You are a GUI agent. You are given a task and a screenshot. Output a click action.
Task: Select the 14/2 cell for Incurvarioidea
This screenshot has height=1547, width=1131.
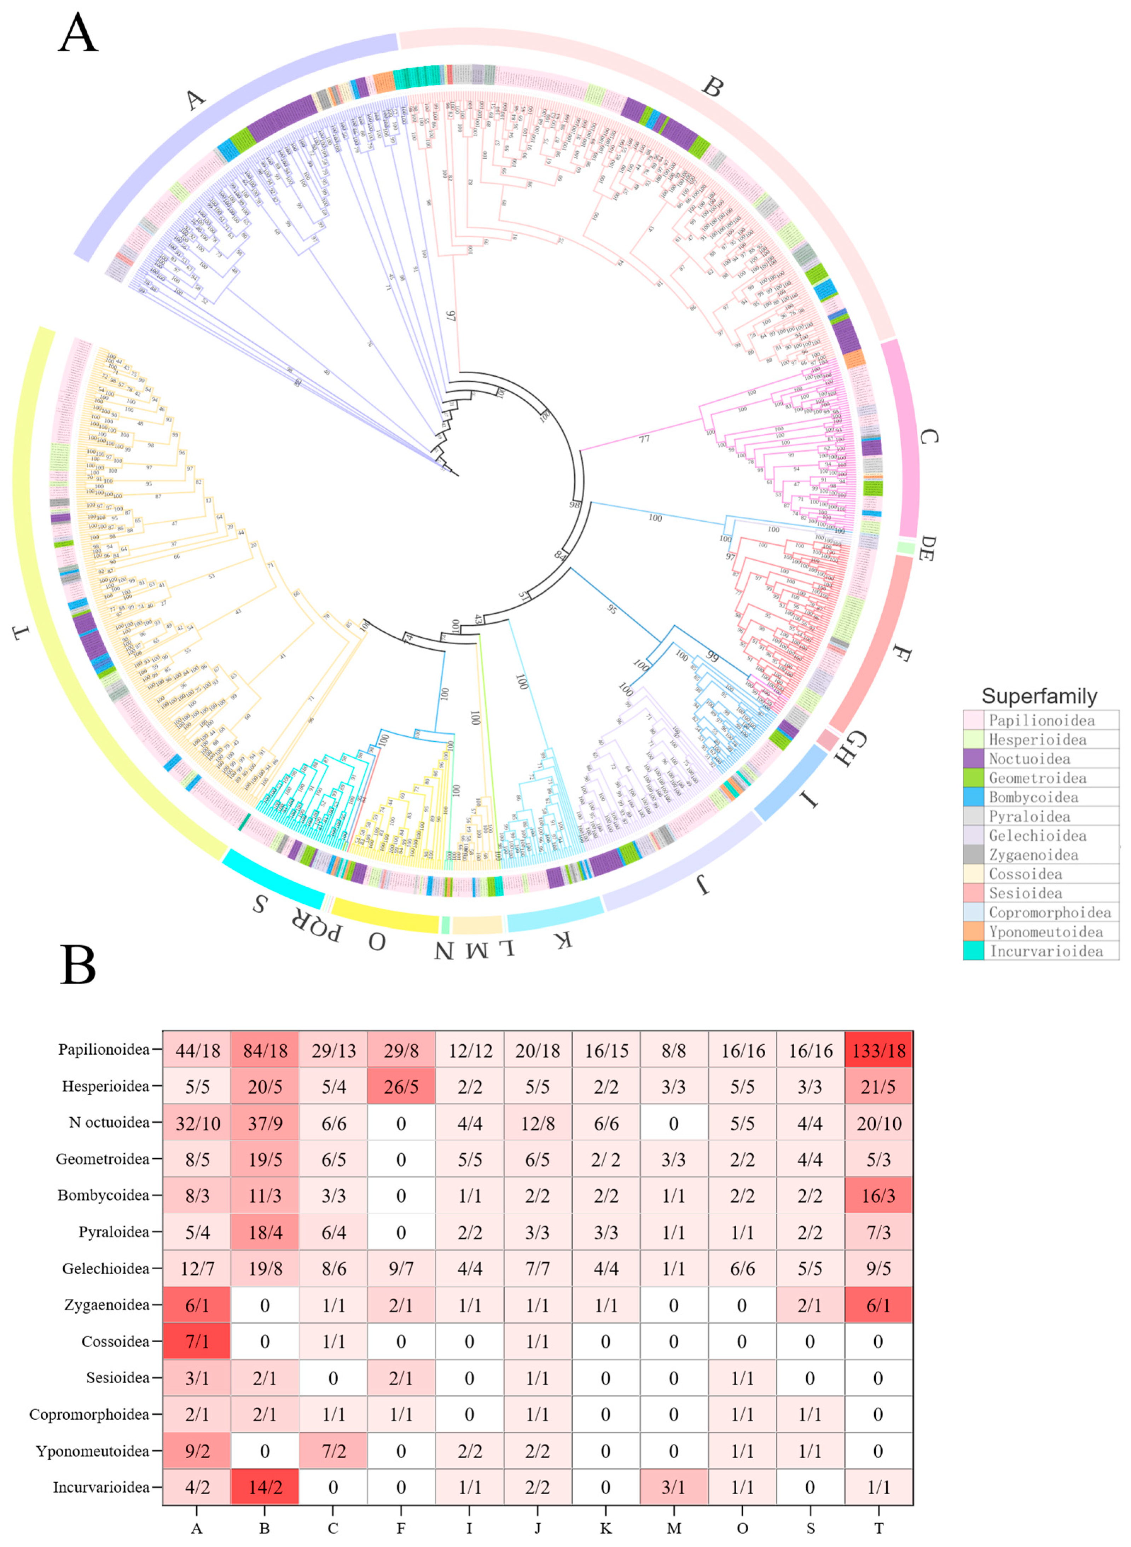pos(265,1488)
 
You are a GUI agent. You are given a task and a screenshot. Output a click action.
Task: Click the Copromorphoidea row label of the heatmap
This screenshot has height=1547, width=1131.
pos(89,1414)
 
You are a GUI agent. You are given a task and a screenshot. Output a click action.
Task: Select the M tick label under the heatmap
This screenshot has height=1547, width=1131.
pos(674,1529)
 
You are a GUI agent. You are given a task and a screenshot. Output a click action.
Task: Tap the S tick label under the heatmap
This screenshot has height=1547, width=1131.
pos(810,1529)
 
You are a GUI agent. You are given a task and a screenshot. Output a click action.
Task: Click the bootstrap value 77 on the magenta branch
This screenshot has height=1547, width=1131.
pos(644,439)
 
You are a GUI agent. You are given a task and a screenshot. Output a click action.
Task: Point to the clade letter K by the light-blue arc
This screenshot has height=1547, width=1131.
pos(563,940)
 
